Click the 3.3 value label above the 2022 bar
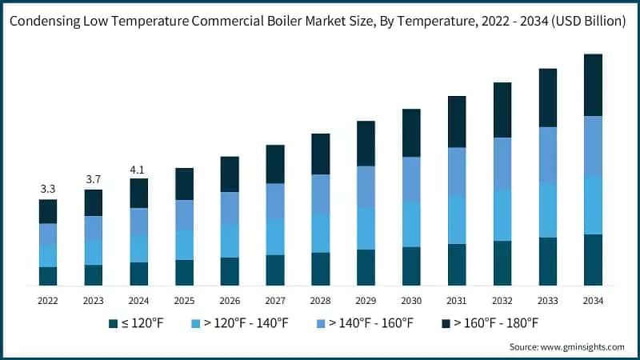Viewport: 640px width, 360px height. [x=48, y=190]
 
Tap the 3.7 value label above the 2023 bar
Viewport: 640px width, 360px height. [x=94, y=179]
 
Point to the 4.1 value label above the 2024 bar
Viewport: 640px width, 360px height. [x=139, y=169]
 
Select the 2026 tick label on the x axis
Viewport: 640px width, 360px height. [x=230, y=300]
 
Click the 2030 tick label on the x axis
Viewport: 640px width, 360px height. [x=411, y=300]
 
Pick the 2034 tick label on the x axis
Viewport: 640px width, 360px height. [x=593, y=300]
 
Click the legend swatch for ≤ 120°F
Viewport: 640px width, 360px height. [x=113, y=323]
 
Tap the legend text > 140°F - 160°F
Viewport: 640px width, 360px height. [x=375, y=323]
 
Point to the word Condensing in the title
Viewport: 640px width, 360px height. [x=48, y=22]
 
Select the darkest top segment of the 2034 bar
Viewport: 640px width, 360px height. [x=593, y=85]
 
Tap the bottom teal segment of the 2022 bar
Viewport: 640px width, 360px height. [x=48, y=276]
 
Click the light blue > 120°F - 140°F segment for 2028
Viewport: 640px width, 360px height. [x=320, y=233]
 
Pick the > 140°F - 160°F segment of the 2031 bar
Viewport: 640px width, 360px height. [x=457, y=171]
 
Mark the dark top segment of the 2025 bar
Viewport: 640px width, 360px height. [x=184, y=184]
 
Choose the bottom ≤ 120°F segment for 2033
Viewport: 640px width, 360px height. [x=547, y=262]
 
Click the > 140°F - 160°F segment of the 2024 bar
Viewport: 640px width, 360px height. [x=139, y=222]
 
